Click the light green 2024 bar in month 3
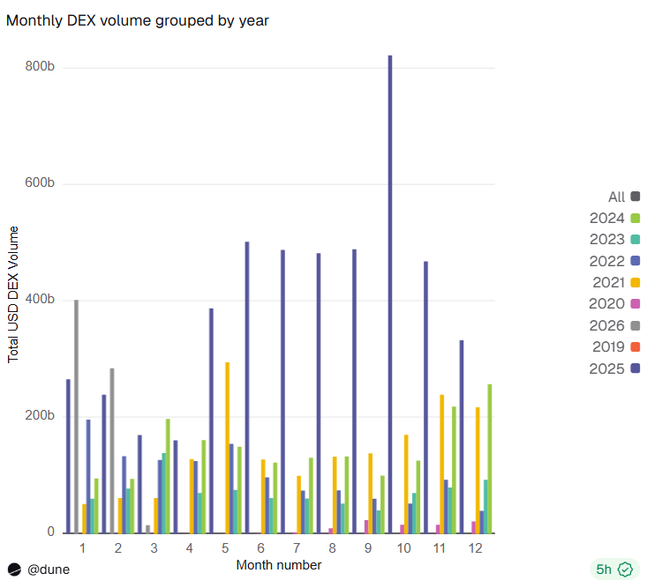(x=168, y=476)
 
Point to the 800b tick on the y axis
(x=41, y=67)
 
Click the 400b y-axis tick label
(x=41, y=300)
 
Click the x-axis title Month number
(x=278, y=565)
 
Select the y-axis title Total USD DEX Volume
(x=13, y=294)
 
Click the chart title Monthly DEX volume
(x=137, y=20)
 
